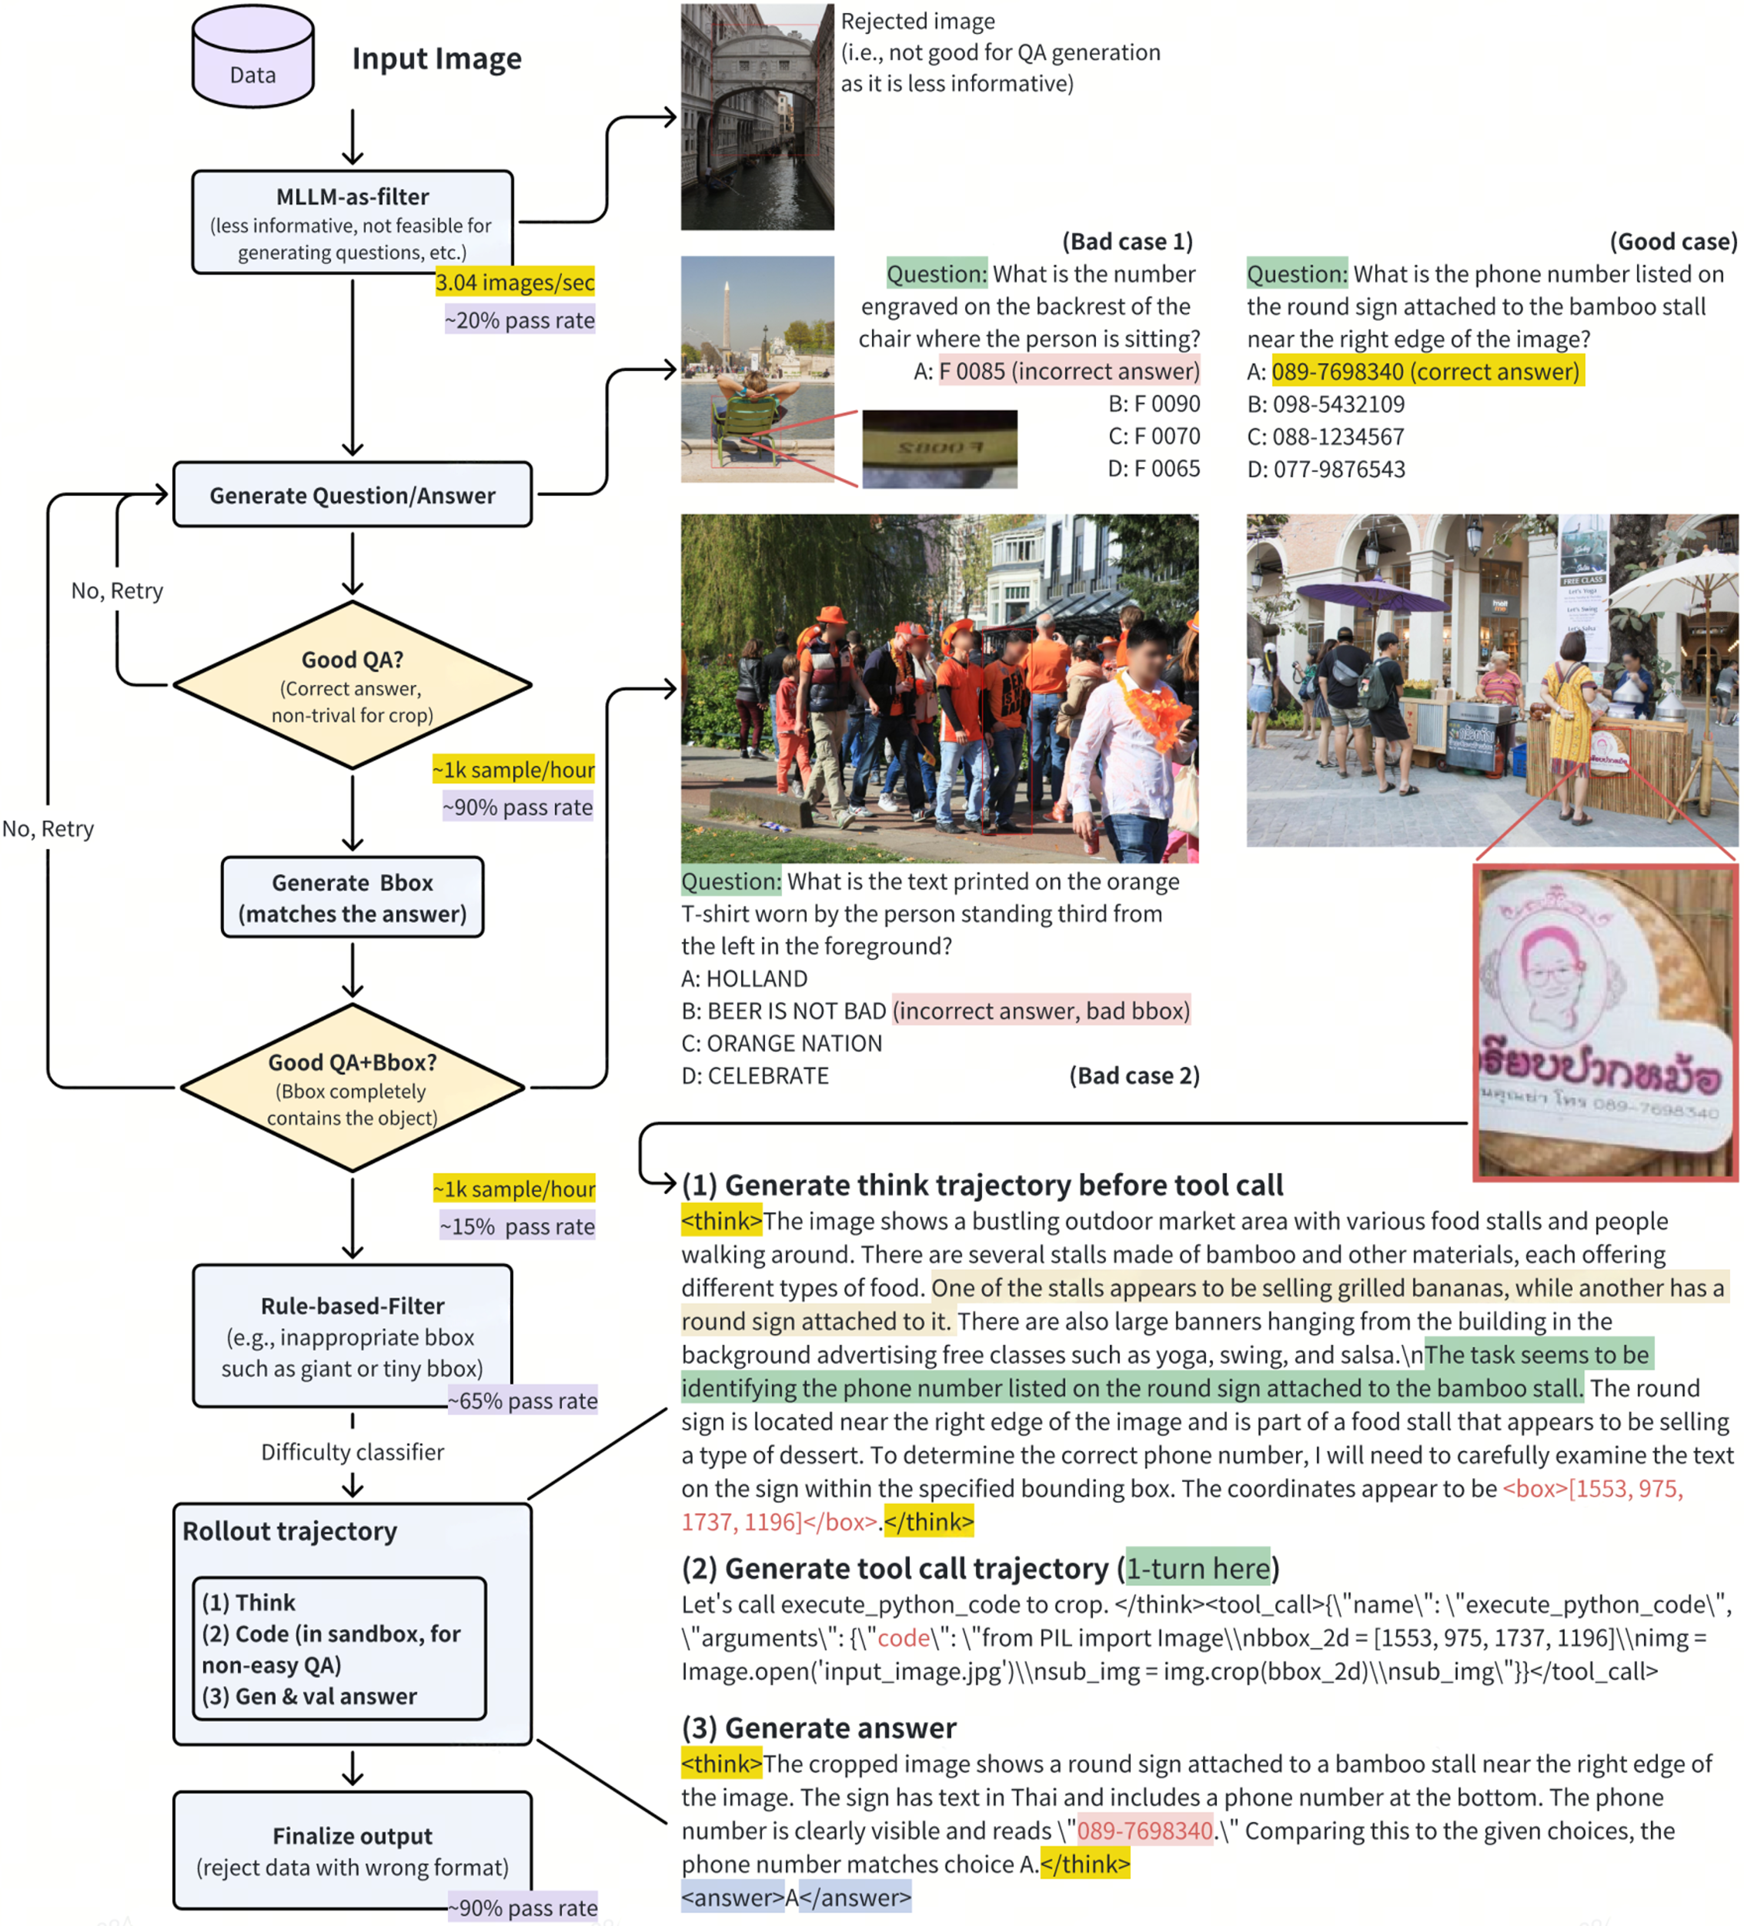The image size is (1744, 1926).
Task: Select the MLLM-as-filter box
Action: tap(352, 222)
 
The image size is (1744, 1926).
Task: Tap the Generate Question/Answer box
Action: tap(352, 495)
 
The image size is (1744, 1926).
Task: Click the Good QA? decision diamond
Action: tap(352, 685)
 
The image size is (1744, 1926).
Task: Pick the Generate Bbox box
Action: tap(352, 897)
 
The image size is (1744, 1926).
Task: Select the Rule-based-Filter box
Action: tap(352, 1335)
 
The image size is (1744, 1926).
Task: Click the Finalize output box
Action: tap(352, 1851)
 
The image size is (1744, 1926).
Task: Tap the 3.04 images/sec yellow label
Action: tap(514, 282)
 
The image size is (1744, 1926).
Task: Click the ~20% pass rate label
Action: tap(520, 320)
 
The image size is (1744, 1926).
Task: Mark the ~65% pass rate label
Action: tap(523, 1400)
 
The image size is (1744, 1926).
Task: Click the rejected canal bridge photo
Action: tap(757, 116)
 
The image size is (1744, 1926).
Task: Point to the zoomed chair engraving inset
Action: tap(939, 448)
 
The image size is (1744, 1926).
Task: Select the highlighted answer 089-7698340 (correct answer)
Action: tap(1426, 372)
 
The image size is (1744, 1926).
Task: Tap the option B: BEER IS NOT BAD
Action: tap(783, 1011)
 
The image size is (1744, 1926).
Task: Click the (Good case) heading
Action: tap(1672, 242)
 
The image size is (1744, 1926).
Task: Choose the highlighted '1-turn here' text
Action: tap(1198, 1568)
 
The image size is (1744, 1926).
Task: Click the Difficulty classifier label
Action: tap(352, 1452)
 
